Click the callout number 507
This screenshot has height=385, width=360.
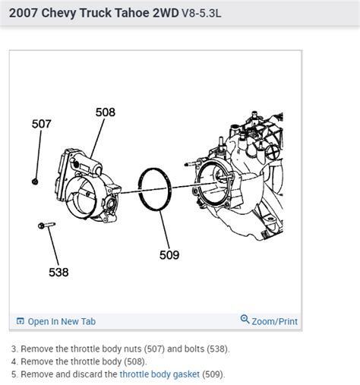tap(41, 124)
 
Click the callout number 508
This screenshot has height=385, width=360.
tap(106, 112)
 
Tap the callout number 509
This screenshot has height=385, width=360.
tap(169, 255)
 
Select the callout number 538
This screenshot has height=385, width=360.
tap(58, 272)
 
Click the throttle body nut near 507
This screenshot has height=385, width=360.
tap(35, 181)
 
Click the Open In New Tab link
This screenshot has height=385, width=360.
tap(62, 321)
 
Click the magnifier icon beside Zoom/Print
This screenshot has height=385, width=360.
tap(245, 320)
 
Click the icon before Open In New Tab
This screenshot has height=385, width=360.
tap(21, 321)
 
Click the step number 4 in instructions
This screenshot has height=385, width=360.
tap(14, 361)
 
